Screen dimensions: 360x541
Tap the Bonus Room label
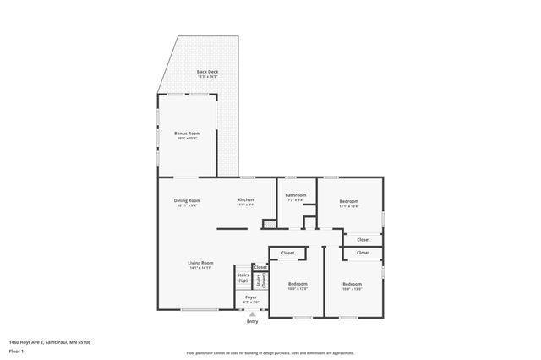pos(187,134)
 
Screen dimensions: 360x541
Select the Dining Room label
pos(187,200)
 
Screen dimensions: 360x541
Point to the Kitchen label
pos(246,200)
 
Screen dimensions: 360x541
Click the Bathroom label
pos(295,196)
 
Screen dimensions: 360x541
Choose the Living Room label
pos(200,263)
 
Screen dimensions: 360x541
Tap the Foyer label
pos(251,297)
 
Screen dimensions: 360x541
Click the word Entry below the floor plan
pos(252,322)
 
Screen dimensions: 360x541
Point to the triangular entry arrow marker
pos(252,314)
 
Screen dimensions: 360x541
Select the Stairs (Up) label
pos(243,278)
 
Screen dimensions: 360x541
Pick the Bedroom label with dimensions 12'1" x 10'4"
pos(349,201)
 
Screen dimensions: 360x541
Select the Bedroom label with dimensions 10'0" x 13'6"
pos(298,284)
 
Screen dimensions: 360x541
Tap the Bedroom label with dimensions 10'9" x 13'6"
pos(352,284)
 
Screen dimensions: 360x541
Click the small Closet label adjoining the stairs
pos(260,267)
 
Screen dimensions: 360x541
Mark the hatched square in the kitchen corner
pos(269,224)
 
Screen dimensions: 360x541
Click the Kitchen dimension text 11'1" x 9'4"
pos(246,205)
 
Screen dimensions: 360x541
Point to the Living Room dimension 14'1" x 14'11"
pos(200,267)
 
